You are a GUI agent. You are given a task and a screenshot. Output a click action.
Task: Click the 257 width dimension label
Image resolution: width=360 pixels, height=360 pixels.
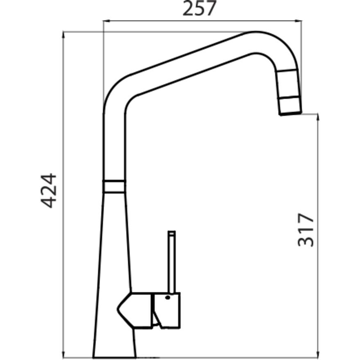[x=200, y=9]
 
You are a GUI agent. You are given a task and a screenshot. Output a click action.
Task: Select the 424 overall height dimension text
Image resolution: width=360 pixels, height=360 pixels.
[x=47, y=190]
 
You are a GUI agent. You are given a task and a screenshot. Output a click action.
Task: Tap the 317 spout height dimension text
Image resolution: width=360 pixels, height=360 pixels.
[x=306, y=230]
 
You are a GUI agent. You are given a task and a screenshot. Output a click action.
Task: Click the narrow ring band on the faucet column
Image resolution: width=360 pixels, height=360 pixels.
[x=114, y=186]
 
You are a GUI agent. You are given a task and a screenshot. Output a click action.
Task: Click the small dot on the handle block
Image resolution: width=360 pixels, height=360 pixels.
[x=168, y=297]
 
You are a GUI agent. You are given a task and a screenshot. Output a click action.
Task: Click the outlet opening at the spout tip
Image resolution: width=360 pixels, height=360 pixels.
[x=290, y=114]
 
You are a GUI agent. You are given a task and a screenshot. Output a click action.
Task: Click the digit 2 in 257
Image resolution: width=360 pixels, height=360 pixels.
[x=189, y=9]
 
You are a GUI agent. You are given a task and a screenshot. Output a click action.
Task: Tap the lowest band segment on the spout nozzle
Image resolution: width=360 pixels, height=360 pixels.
[x=290, y=106]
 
